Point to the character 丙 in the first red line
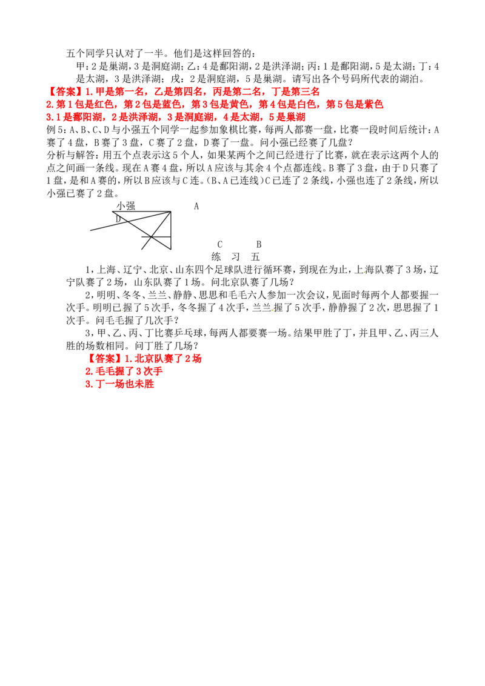(215, 92)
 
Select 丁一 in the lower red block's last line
(104, 385)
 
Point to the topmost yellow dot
(244, 172)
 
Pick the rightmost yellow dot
(364, 273)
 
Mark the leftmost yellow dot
(122, 311)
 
